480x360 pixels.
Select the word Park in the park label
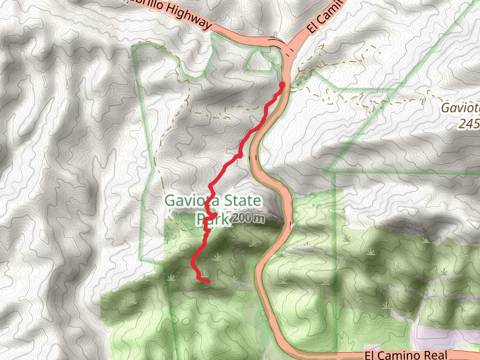[210, 220]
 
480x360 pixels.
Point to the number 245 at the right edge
[470, 124]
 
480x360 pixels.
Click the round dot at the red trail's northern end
[281, 85]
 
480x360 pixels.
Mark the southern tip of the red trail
[208, 281]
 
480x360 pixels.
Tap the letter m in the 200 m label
[257, 219]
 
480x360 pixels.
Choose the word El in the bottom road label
[371, 355]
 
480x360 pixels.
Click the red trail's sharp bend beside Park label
[214, 215]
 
